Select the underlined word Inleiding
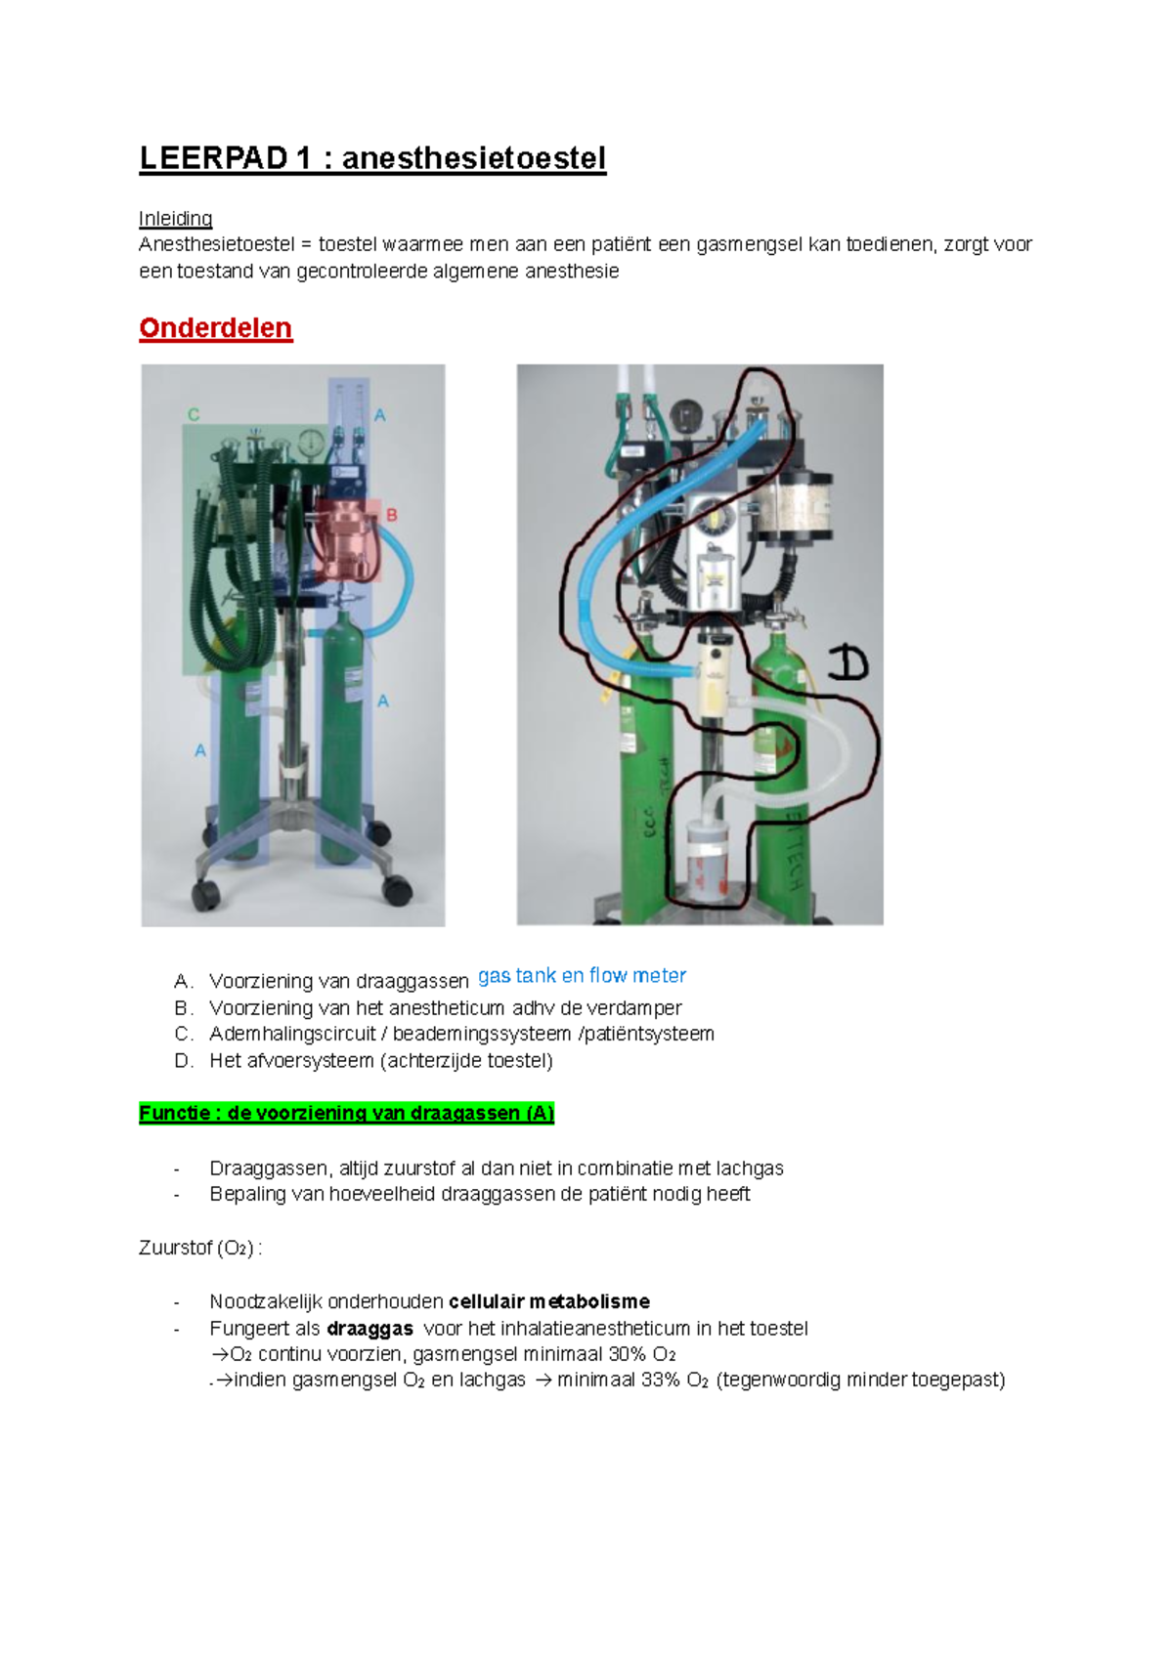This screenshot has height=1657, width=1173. (x=175, y=219)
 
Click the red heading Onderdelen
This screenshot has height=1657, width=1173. (x=215, y=328)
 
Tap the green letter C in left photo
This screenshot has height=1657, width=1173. (x=194, y=415)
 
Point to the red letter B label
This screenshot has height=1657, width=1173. (x=392, y=516)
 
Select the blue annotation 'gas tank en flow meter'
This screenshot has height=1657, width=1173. (x=582, y=975)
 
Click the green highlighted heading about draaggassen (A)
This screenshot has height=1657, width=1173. (x=346, y=1113)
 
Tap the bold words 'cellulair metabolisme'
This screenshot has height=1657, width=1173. (x=548, y=1301)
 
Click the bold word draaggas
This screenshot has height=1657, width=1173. (x=369, y=1329)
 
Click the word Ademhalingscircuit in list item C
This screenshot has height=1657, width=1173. (x=291, y=1034)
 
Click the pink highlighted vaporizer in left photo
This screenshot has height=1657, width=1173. (x=345, y=540)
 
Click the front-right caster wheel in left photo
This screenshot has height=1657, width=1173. (x=397, y=889)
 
